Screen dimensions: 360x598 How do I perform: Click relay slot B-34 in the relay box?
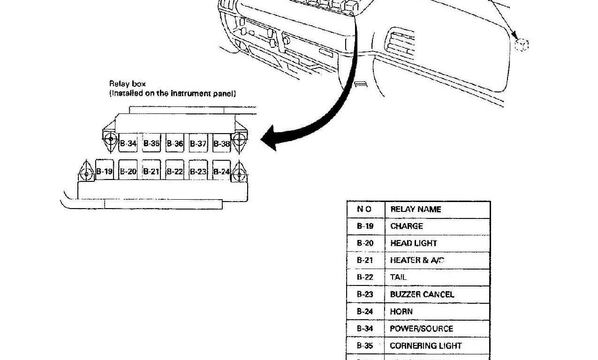click(x=128, y=143)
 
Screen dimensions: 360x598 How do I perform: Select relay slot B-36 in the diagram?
click(x=175, y=143)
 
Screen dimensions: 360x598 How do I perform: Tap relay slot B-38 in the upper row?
click(x=221, y=143)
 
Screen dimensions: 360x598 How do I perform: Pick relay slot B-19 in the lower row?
click(x=105, y=172)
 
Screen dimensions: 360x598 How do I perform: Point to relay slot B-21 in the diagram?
click(x=151, y=172)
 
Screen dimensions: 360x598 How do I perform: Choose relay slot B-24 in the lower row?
click(x=221, y=172)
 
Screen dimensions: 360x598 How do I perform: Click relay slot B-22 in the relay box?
click(x=175, y=172)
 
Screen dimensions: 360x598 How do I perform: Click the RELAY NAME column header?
click(x=416, y=210)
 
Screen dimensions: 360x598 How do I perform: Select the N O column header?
click(x=364, y=210)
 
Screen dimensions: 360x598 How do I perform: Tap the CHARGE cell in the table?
click(x=407, y=226)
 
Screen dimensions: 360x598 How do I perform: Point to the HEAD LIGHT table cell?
click(x=413, y=243)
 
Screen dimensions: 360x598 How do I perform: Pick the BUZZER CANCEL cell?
click(x=422, y=294)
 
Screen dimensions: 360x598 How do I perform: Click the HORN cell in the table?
click(x=401, y=312)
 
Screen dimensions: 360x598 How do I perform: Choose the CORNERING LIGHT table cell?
click(x=426, y=346)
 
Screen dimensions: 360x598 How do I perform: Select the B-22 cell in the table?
click(x=365, y=277)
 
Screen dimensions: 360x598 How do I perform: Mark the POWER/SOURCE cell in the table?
click(x=421, y=329)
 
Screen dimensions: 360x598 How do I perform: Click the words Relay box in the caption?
click(x=128, y=84)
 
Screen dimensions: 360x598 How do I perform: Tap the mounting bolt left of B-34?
click(x=111, y=139)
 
